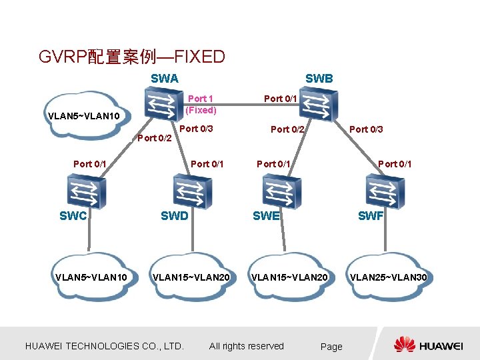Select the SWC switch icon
(85, 191)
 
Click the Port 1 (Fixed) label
(201, 104)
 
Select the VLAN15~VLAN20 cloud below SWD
(191, 277)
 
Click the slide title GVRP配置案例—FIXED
(132, 57)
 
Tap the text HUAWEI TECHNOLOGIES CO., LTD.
(104, 346)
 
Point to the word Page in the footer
(331, 347)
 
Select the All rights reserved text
(246, 346)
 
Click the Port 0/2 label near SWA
(155, 139)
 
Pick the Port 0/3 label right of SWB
(367, 129)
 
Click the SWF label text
(371, 216)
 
